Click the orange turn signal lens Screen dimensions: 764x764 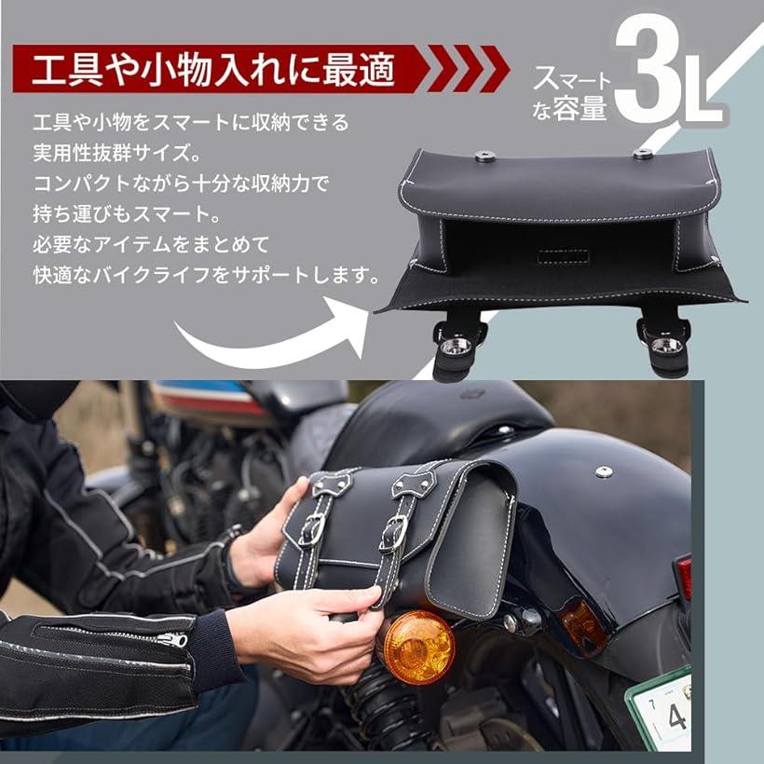419,647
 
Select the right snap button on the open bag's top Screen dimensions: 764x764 642,154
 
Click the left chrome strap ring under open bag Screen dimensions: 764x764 456,347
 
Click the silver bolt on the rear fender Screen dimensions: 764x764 603,472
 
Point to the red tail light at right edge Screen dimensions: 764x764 685,578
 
